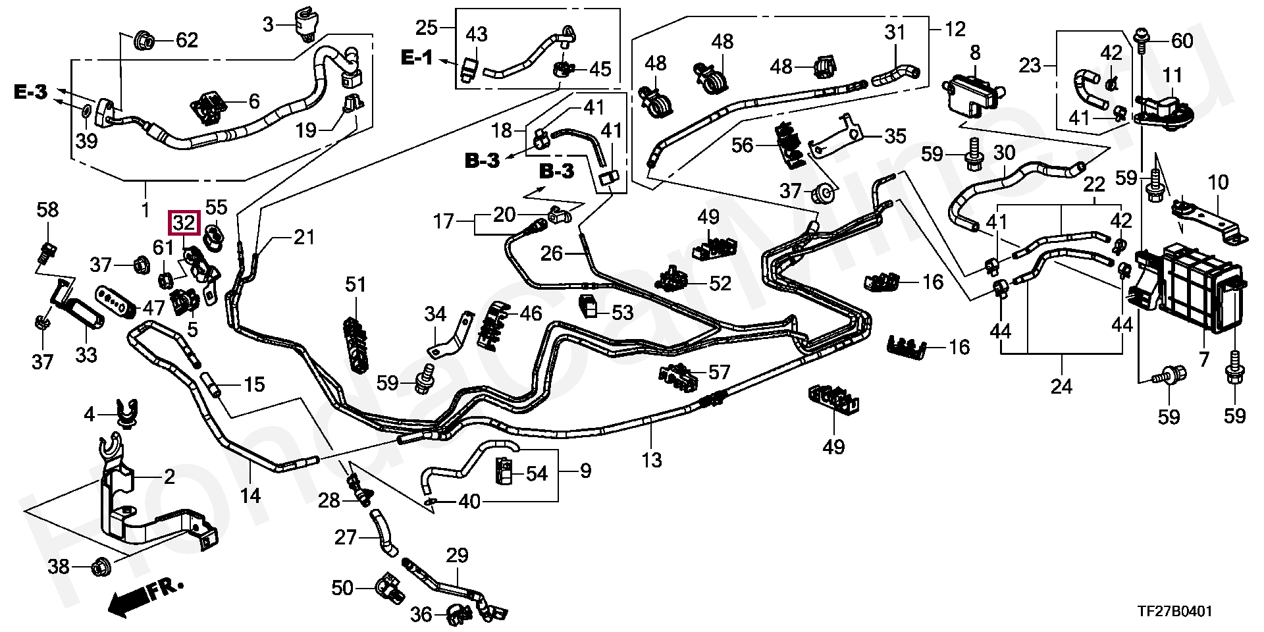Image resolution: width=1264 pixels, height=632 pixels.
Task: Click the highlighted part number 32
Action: (x=184, y=223)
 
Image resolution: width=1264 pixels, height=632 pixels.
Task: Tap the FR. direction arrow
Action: (x=145, y=596)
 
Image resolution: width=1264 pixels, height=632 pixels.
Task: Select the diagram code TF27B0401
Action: (x=1174, y=612)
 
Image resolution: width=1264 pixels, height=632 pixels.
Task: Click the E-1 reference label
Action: (x=417, y=58)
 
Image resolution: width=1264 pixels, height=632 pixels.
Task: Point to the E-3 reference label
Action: (x=30, y=92)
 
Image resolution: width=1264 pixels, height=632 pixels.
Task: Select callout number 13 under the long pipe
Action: (x=651, y=460)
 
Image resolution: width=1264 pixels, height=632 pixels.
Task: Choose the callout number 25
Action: (x=426, y=28)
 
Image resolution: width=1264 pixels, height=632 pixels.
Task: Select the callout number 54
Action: (x=537, y=473)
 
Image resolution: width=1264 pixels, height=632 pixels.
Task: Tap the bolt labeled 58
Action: (x=46, y=251)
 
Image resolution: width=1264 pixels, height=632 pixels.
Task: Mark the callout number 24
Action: (x=1061, y=386)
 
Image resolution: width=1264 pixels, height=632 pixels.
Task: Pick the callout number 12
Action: (x=955, y=28)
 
